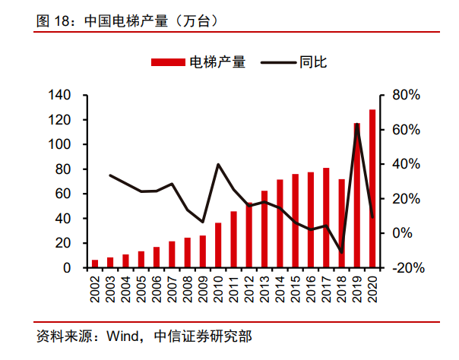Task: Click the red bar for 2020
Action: [372, 189]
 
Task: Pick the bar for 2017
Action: [326, 218]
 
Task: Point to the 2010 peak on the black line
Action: [218, 164]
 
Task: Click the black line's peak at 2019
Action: [357, 125]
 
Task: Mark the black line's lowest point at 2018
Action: [341, 251]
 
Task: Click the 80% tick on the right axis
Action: [406, 96]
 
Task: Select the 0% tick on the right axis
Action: [404, 234]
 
